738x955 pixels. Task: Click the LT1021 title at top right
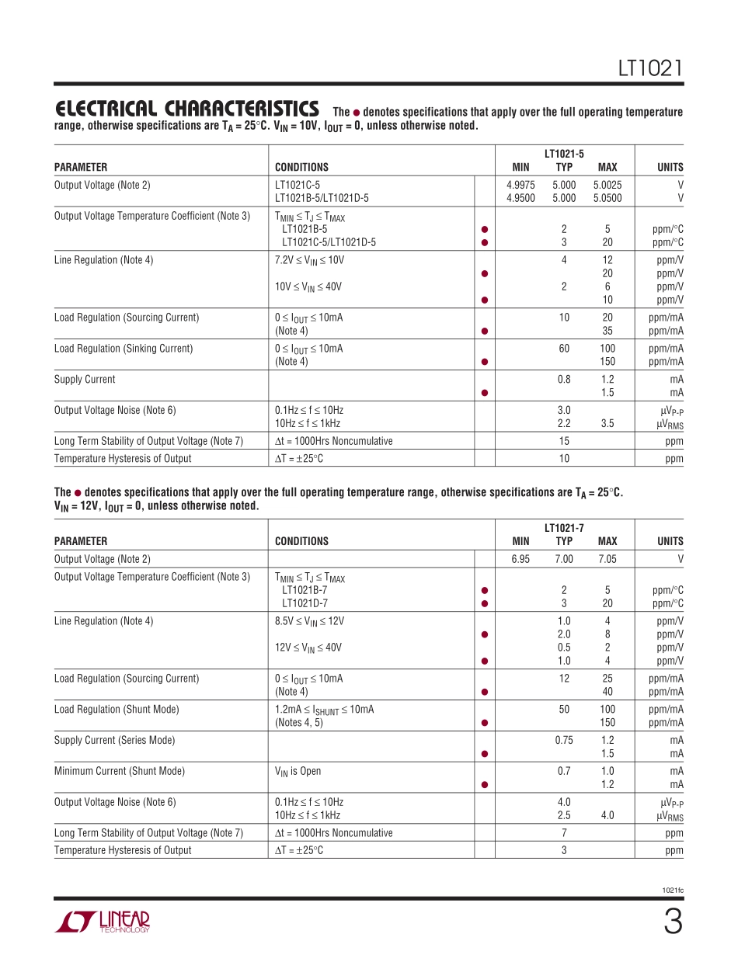click(650, 68)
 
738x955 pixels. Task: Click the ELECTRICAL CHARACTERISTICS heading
click(186, 109)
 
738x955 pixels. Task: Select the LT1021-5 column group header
click(564, 154)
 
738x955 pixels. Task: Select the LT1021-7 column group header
click(564, 528)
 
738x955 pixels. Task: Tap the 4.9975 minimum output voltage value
click(520, 185)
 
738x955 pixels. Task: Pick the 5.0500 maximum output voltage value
click(607, 198)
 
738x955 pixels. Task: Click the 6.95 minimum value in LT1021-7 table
click(520, 559)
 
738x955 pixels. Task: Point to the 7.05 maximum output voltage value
click(607, 559)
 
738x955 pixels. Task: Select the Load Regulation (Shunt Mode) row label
click(117, 709)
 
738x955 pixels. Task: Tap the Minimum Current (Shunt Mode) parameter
click(120, 771)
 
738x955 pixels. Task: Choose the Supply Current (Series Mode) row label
click(115, 740)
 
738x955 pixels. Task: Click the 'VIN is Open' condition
click(298, 771)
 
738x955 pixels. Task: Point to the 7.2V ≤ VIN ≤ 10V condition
click(309, 260)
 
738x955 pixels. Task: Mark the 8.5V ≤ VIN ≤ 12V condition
click(309, 621)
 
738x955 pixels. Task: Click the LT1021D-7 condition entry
click(305, 603)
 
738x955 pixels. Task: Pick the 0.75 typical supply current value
click(564, 740)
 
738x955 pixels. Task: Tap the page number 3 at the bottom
click(673, 922)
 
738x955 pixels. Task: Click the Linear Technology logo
click(102, 922)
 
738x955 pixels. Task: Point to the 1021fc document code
click(673, 890)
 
